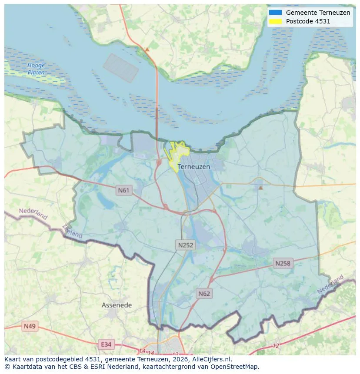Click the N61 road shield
[x=124, y=190]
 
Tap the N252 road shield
[x=186, y=245]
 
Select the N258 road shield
[x=283, y=263]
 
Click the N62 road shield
[x=204, y=294]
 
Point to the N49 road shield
[x=30, y=326]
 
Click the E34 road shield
[x=106, y=344]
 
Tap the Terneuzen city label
[x=194, y=167]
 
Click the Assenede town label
[x=117, y=305]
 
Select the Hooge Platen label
[x=36, y=69]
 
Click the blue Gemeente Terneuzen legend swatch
[x=275, y=13]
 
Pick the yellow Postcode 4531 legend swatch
[x=275, y=21]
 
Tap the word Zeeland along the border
[x=72, y=231]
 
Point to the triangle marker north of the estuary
[x=147, y=50]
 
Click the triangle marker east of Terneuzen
[x=260, y=188]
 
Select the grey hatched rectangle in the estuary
[x=121, y=68]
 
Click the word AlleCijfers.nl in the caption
[x=212, y=359]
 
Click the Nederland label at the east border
[x=330, y=284]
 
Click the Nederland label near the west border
[x=33, y=214]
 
